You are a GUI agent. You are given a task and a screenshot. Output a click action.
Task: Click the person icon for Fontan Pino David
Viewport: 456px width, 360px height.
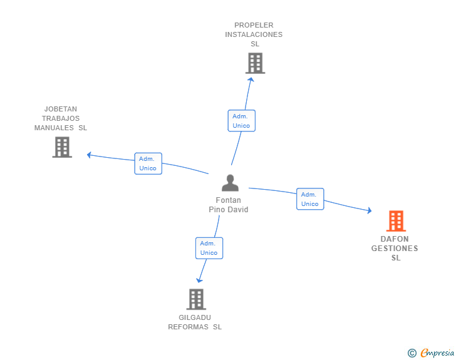tap(231, 183)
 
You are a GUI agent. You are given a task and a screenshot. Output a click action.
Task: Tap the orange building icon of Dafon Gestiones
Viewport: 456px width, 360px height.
tap(395, 221)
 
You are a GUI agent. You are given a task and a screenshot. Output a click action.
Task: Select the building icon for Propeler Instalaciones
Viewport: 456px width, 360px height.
tap(255, 63)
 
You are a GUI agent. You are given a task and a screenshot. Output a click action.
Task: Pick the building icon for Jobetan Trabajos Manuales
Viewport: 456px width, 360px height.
tap(62, 147)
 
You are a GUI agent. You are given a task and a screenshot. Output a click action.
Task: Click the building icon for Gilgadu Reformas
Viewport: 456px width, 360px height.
tap(196, 299)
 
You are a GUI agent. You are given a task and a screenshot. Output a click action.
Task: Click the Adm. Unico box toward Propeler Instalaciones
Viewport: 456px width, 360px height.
tap(241, 121)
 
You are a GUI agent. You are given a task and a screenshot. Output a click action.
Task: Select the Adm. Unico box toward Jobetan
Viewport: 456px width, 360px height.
tap(148, 163)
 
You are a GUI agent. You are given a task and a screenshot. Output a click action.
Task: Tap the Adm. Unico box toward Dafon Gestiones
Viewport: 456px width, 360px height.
tap(310, 199)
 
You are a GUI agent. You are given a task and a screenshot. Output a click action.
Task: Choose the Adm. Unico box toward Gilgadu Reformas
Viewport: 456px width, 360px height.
tap(209, 248)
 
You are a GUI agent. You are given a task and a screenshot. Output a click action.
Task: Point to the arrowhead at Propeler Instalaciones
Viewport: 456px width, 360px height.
tap(251, 79)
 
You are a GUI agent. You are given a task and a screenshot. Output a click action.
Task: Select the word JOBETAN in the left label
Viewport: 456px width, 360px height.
tap(61, 109)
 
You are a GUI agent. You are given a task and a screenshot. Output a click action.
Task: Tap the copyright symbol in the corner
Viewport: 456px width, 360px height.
tap(412, 353)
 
